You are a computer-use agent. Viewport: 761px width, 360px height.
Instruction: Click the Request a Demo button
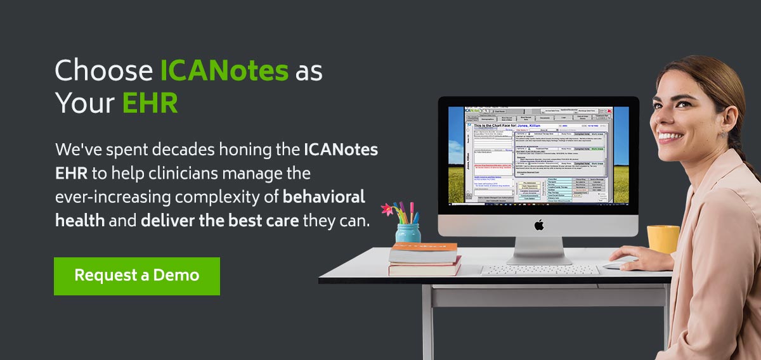(x=136, y=276)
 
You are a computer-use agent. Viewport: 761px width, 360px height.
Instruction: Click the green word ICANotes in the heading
(x=224, y=71)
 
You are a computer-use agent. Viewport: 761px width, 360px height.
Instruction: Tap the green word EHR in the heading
(x=150, y=103)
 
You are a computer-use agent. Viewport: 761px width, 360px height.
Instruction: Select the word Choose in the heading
(x=103, y=71)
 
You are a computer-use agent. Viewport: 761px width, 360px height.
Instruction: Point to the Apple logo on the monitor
(x=539, y=225)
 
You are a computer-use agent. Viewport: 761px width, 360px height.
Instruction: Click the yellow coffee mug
(x=663, y=239)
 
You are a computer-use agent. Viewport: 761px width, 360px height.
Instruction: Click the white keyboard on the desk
(x=539, y=270)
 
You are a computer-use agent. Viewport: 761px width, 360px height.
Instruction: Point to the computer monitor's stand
(x=539, y=250)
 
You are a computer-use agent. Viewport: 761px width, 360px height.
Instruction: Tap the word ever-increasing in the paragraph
(x=114, y=197)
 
